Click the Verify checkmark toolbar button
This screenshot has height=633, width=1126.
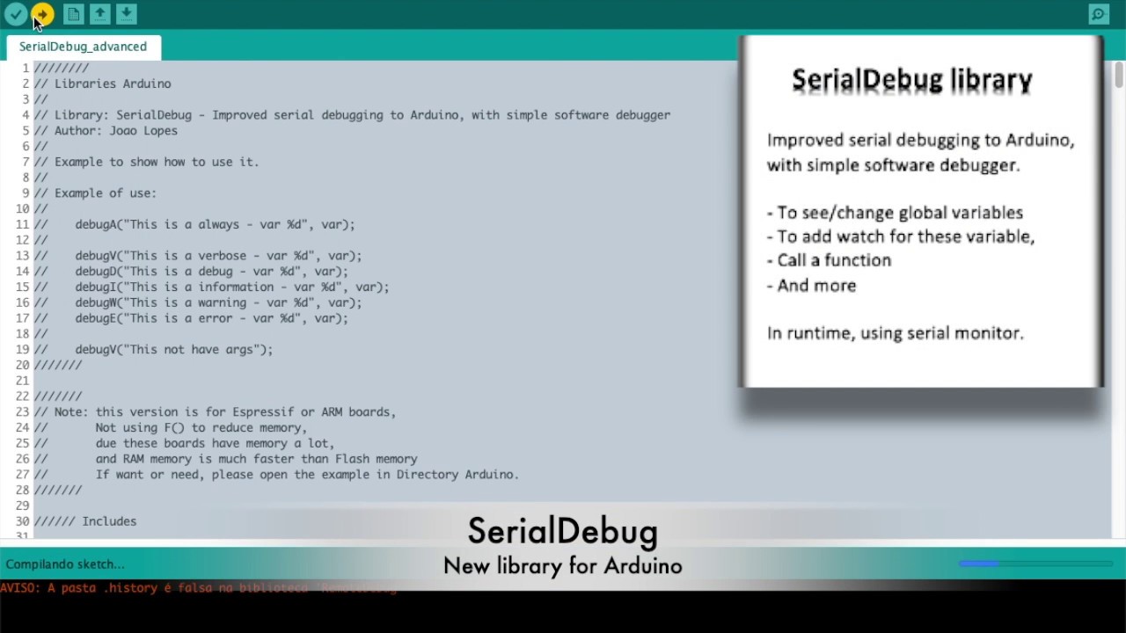(x=16, y=14)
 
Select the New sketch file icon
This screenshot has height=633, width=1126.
(x=74, y=14)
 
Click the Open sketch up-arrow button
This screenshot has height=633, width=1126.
(x=100, y=14)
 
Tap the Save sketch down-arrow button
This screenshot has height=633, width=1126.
(x=127, y=14)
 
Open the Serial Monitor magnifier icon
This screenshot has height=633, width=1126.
(x=1099, y=14)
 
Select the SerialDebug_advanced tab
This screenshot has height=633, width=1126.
(x=83, y=47)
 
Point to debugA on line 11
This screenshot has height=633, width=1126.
(x=95, y=224)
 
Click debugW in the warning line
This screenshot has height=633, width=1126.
(x=95, y=302)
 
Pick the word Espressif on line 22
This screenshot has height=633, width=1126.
(x=263, y=411)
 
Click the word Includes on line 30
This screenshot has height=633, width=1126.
(x=109, y=521)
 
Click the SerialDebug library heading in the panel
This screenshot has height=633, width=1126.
(x=911, y=80)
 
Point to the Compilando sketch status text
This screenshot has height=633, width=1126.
(x=65, y=564)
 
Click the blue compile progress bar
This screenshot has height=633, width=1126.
(x=979, y=564)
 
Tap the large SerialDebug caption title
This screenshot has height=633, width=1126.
(x=562, y=531)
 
